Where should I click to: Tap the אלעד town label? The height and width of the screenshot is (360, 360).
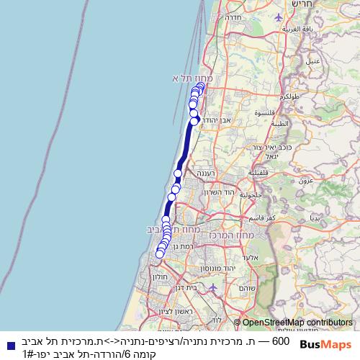pyautogui.click(x=250, y=257)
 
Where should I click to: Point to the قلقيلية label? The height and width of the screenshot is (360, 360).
pyautogui.click(x=258, y=173)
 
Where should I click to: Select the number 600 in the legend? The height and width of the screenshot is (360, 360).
pyautogui.click(x=282, y=340)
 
